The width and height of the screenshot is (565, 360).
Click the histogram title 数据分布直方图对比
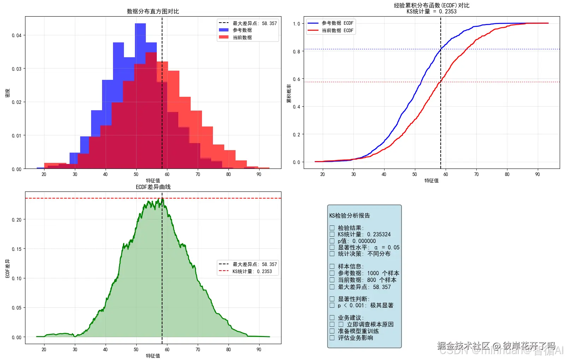click(153, 11)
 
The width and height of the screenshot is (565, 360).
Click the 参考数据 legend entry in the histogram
click(242, 30)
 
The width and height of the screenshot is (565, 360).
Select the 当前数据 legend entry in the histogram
click(242, 37)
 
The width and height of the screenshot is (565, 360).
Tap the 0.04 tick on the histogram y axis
click(17, 35)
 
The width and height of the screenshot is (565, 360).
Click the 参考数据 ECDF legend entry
click(337, 23)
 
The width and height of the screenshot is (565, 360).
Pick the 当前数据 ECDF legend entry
click(337, 30)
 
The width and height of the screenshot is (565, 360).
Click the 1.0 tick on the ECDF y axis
click(296, 24)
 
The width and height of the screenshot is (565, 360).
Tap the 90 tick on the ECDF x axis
click(537, 174)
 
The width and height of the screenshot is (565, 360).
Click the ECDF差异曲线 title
click(153, 187)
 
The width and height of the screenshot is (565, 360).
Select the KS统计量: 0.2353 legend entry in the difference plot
click(252, 271)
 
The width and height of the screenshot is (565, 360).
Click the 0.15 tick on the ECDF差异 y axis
click(17, 249)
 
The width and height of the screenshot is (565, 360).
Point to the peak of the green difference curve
click(162, 199)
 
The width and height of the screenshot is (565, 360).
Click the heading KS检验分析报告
click(350, 216)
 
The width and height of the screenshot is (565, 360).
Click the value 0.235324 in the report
click(379, 234)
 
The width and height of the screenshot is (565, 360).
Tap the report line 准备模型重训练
click(358, 331)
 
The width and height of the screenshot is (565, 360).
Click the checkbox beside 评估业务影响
click(332, 338)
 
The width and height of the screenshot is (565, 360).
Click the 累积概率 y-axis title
click(289, 93)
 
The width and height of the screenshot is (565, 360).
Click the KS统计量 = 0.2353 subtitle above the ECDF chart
click(432, 11)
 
